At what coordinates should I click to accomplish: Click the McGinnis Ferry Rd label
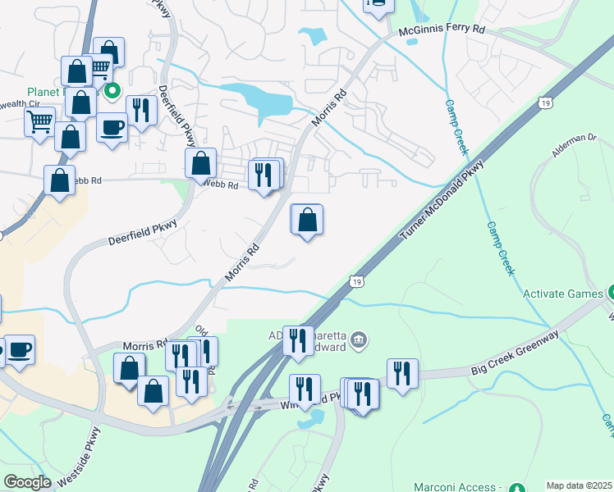click(x=442, y=30)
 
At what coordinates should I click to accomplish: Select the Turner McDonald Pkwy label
click(x=442, y=200)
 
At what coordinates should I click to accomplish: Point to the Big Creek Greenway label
click(x=515, y=353)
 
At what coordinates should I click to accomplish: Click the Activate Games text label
click(x=561, y=293)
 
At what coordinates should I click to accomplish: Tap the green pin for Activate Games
click(x=610, y=293)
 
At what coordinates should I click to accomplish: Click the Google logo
click(x=27, y=482)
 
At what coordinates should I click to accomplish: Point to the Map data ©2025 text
click(x=579, y=485)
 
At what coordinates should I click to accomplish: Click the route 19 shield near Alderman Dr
click(x=546, y=102)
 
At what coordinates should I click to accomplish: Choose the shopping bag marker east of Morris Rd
click(x=307, y=219)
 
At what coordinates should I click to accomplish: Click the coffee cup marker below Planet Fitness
click(x=112, y=127)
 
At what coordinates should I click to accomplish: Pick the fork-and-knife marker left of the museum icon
click(x=297, y=339)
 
